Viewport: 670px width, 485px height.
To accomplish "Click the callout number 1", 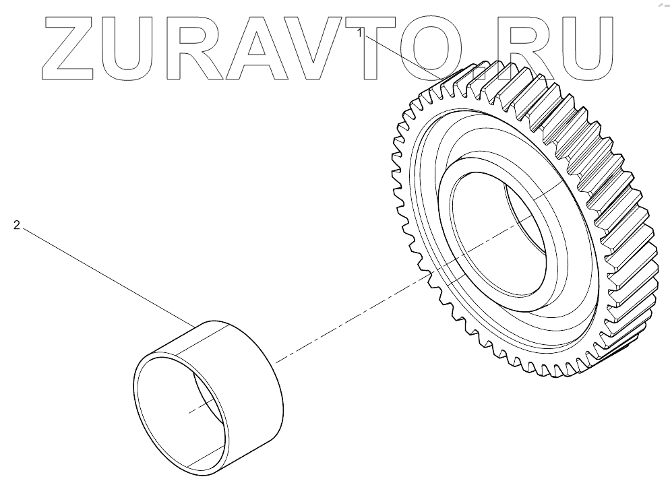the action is tap(361, 32).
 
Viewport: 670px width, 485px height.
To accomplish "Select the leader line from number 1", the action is tap(404, 55).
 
